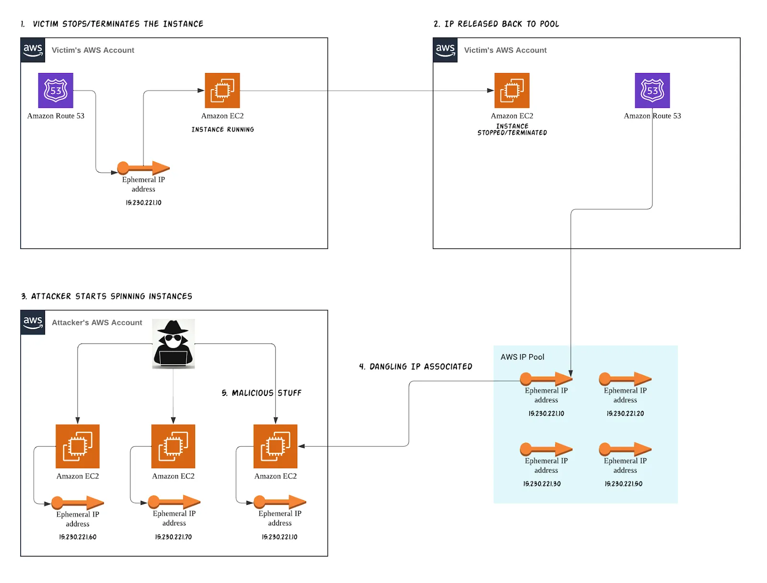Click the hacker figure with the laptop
(x=173, y=344)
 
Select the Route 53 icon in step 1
(x=56, y=90)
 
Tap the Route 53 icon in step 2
(x=652, y=90)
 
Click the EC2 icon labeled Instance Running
(x=222, y=90)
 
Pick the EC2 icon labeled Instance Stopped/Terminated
(x=511, y=90)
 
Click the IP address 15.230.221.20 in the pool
(x=625, y=413)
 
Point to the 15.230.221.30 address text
(x=542, y=484)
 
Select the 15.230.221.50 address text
(x=623, y=484)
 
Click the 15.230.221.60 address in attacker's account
(x=78, y=537)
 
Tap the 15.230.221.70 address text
(x=173, y=537)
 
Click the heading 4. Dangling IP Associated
(x=416, y=367)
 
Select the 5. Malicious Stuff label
(x=261, y=393)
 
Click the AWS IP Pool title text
(x=522, y=357)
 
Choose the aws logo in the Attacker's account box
(x=33, y=322)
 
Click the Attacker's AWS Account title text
(x=97, y=322)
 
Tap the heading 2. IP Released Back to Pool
(x=496, y=24)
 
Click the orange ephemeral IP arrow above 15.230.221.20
(x=625, y=379)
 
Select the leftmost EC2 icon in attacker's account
(x=78, y=446)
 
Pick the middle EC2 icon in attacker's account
(x=173, y=446)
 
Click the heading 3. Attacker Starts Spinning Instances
(x=106, y=297)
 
